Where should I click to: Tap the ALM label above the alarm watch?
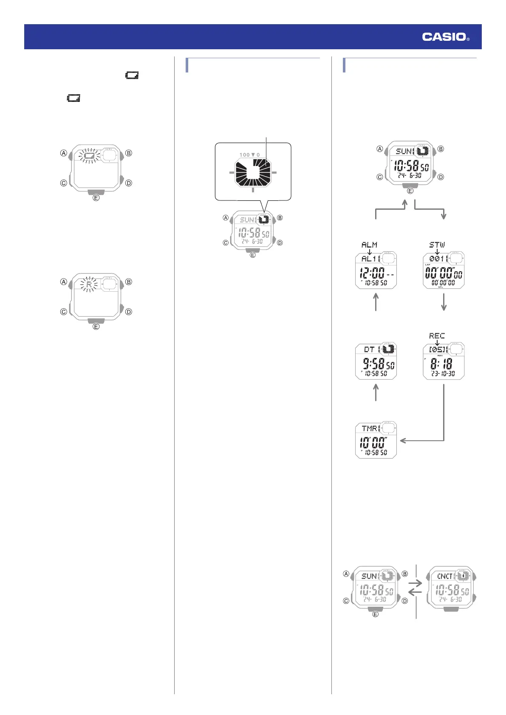[369, 245]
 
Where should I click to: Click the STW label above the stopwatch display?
[437, 245]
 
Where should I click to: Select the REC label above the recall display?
[437, 335]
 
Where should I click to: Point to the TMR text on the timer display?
[370, 428]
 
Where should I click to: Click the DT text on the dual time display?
[369, 349]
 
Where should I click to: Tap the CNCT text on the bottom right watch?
[445, 576]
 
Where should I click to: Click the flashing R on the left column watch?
[89, 284]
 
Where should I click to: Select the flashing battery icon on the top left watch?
[89, 156]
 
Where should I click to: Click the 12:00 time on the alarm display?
[372, 273]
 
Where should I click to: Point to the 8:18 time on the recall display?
[441, 364]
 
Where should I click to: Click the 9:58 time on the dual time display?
[373, 364]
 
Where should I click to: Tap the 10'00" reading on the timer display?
[373, 443]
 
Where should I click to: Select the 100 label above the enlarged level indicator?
[244, 155]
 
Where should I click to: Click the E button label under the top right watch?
[410, 191]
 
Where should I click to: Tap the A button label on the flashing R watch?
[64, 281]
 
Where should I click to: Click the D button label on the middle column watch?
[280, 243]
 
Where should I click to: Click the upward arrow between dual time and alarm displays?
[376, 302]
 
